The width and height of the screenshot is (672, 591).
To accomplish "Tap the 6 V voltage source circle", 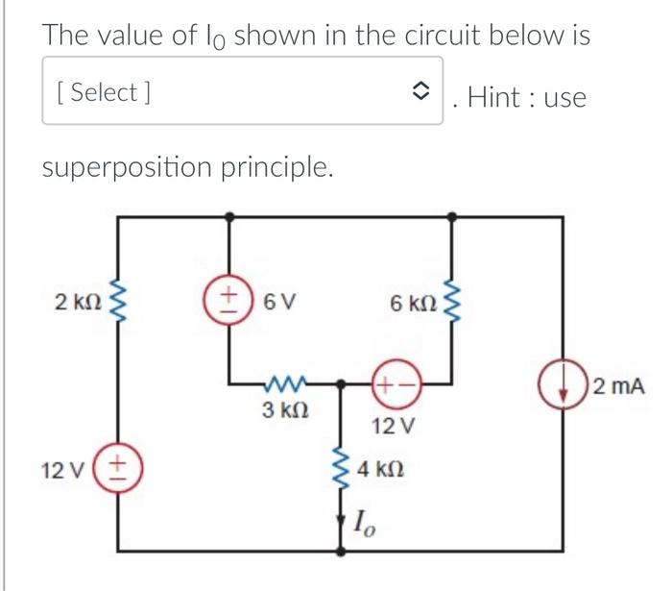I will [x=228, y=302].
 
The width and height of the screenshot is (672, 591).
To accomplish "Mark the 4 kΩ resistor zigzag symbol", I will [x=341, y=468].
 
